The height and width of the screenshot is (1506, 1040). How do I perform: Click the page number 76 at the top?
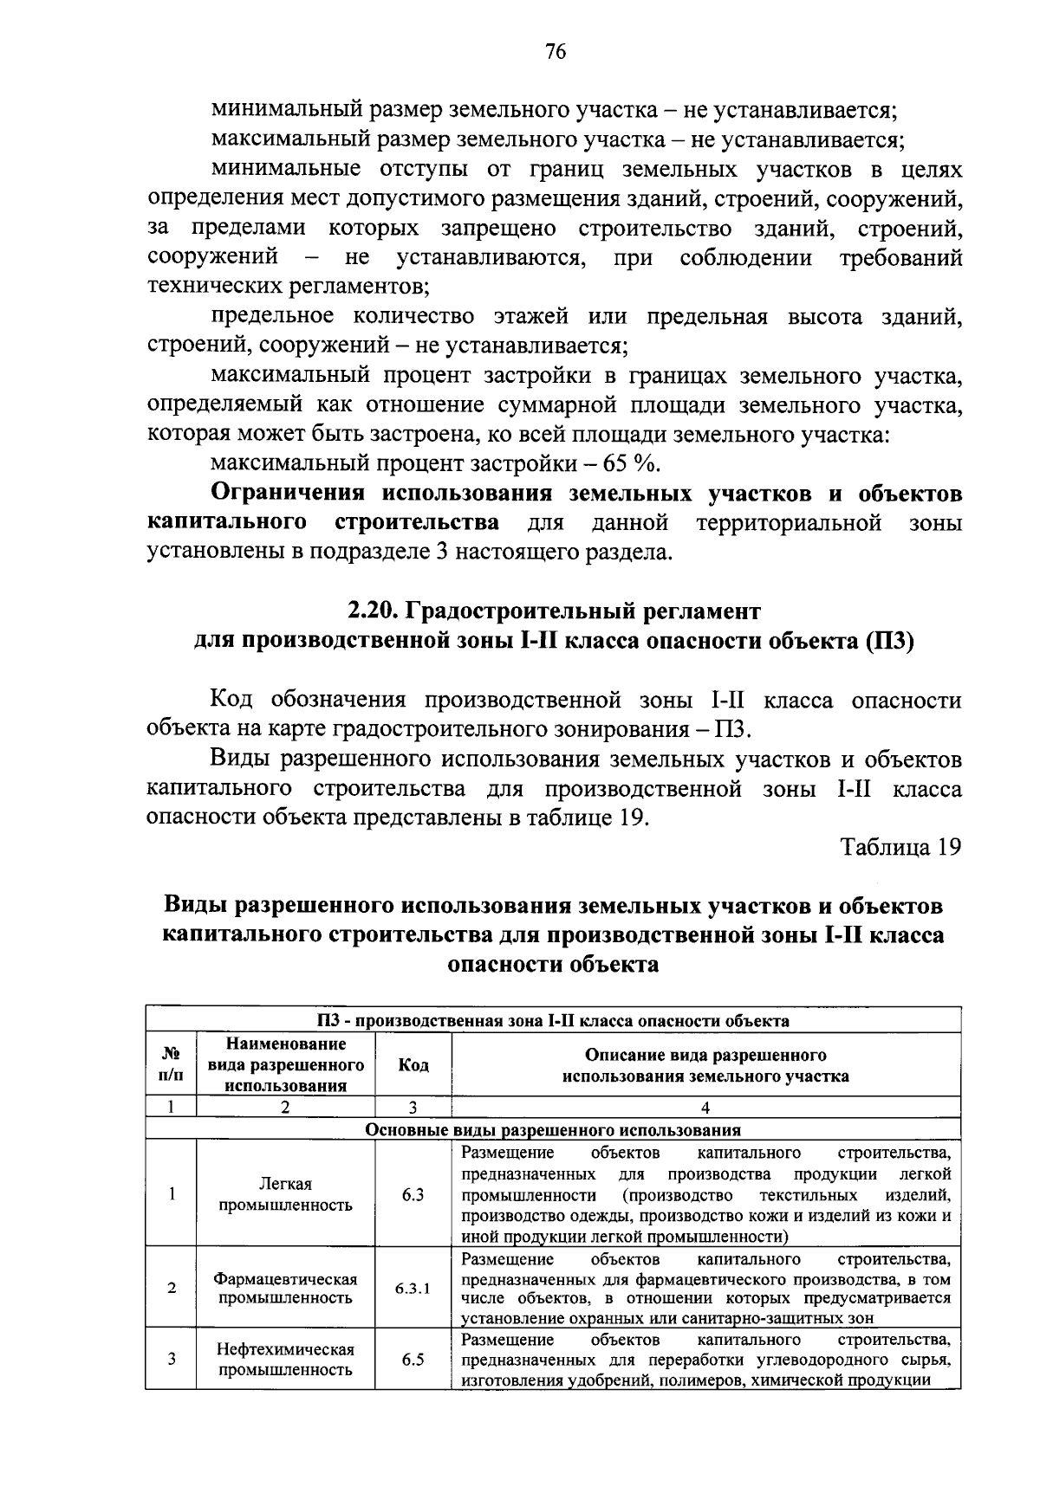[556, 53]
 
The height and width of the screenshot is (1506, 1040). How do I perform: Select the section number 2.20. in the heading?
[374, 611]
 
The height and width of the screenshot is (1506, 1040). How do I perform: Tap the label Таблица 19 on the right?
[901, 847]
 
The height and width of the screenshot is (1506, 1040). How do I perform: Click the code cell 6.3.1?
[413, 1288]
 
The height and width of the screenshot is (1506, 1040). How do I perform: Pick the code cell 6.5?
[413, 1360]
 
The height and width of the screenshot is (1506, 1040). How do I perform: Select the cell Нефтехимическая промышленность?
[285, 1360]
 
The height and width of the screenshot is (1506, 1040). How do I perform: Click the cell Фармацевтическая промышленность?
[285, 1288]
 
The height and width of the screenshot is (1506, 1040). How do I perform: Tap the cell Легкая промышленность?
[285, 1194]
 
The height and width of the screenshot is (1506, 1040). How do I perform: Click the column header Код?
[413, 1065]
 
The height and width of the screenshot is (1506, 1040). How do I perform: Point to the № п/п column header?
[172, 1065]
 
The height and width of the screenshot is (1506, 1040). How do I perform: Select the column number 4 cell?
[705, 1107]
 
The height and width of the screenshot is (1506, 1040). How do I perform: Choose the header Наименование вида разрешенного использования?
[285, 1065]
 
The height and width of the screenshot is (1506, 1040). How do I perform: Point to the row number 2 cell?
[172, 1288]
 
